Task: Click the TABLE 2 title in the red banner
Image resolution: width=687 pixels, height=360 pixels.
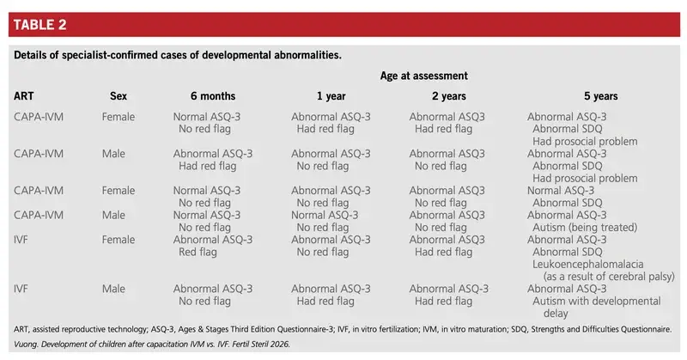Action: pyautogui.click(x=40, y=25)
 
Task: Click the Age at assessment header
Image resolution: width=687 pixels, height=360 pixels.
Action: pyautogui.click(x=423, y=76)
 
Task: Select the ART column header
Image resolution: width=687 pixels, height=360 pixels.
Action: pyautogui.click(x=24, y=96)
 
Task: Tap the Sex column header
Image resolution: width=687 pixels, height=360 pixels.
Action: pyautogui.click(x=119, y=96)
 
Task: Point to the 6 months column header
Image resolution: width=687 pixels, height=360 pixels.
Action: pyautogui.click(x=213, y=96)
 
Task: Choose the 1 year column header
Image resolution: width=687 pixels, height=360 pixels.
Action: pyautogui.click(x=331, y=96)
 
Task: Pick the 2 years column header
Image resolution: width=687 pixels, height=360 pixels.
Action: pyautogui.click(x=449, y=96)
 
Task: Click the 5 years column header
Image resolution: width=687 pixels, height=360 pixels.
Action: pyautogui.click(x=600, y=96)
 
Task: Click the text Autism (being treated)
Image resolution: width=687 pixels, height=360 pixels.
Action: pyautogui.click(x=585, y=227)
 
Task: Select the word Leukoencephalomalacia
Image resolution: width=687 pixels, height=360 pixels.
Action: pyautogui.click(x=588, y=264)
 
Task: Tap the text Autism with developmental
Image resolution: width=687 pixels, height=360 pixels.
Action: pyautogui.click(x=596, y=301)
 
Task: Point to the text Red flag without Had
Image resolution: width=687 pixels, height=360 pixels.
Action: pyautogui.click(x=198, y=252)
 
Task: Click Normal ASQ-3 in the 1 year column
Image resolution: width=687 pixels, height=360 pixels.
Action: pyautogui.click(x=325, y=215)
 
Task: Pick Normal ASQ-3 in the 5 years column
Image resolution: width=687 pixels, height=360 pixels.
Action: pyautogui.click(x=561, y=190)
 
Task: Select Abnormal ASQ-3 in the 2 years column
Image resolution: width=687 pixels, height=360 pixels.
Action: pyautogui.click(x=449, y=289)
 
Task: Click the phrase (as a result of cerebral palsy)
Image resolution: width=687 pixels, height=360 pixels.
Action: pyautogui.click(x=609, y=277)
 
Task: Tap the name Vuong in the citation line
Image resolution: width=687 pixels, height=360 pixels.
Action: pyautogui.click(x=26, y=345)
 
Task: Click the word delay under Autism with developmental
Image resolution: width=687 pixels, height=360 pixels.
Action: pyautogui.click(x=556, y=313)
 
